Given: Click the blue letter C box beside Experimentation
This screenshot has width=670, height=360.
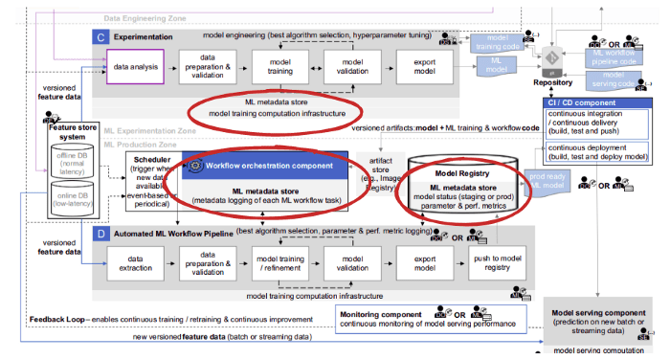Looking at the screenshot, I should [100, 36].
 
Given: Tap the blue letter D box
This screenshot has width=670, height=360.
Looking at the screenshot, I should [100, 232].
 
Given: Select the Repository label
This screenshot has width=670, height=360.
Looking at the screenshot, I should [552, 83].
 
